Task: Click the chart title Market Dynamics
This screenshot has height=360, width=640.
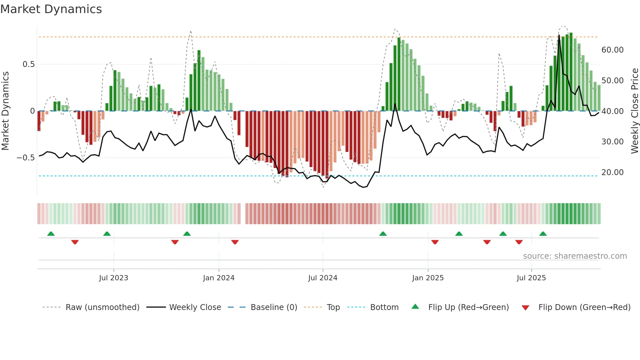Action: (x=51, y=9)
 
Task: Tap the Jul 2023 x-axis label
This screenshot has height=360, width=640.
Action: (x=113, y=278)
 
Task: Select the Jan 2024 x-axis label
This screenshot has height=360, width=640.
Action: (x=218, y=278)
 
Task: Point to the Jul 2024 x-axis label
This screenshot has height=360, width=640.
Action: (x=323, y=278)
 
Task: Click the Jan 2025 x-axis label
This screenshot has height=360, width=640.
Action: (x=428, y=278)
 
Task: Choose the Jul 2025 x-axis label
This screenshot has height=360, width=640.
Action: (x=531, y=278)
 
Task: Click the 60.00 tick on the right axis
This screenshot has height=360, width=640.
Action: (x=612, y=50)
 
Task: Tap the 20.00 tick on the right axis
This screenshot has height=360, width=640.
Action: (x=612, y=172)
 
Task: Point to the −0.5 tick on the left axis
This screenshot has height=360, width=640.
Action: (x=25, y=158)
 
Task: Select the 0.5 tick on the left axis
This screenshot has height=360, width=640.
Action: (x=28, y=64)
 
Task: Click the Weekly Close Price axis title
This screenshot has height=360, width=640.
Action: (x=634, y=111)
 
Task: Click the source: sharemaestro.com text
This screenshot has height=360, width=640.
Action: (x=575, y=256)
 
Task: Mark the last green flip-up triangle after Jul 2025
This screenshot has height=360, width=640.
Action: (x=543, y=234)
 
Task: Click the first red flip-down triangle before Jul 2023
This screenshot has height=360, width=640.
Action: (x=75, y=242)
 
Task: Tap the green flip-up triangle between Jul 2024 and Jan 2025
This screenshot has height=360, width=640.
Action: (x=383, y=234)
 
